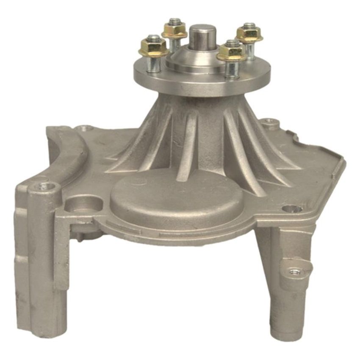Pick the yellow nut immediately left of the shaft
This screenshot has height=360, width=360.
tap(174, 30)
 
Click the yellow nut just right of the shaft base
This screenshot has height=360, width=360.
tap(231, 52)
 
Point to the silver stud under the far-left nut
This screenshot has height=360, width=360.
tap(154, 64)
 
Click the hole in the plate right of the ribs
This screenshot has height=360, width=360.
tap(291, 208)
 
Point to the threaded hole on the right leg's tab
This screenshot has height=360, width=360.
tap(293, 271)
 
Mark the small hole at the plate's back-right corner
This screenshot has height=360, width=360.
tap(269, 122)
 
